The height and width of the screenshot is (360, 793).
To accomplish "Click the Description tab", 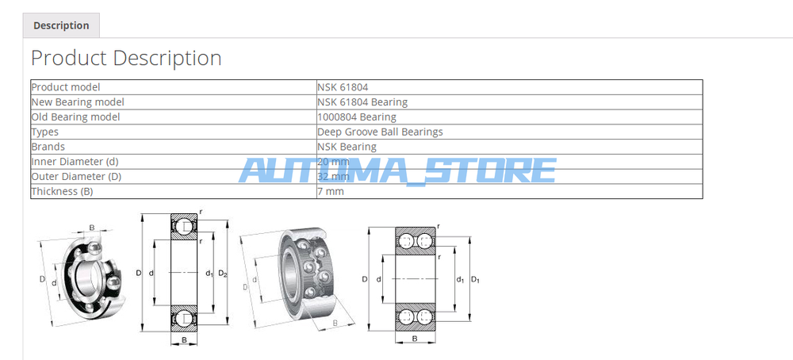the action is pos(61,25).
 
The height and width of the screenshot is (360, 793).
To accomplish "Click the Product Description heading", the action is pos(126,58).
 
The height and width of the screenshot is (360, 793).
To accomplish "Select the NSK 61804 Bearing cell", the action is pos(362,102).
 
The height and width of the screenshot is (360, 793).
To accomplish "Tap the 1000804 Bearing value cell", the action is pos(357,117).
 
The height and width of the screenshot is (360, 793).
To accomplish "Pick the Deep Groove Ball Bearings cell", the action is pos(381,132).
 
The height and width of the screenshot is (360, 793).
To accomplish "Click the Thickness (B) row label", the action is pos(62,192).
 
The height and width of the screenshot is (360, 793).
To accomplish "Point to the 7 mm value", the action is pos(331,191).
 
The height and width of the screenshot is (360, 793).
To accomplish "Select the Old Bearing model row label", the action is pos(76,117).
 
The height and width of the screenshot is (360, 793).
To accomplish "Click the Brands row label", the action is pos(48,147).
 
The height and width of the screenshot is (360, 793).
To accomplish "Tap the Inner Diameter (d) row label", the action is pos(75,162).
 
